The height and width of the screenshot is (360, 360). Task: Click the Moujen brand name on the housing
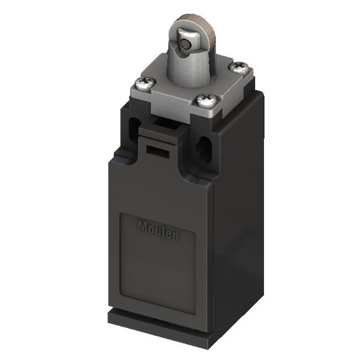coord(158,231)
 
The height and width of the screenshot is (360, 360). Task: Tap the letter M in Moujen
coord(142,226)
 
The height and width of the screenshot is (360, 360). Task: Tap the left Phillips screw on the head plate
coord(145,83)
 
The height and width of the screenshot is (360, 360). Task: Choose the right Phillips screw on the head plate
coord(238,67)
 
